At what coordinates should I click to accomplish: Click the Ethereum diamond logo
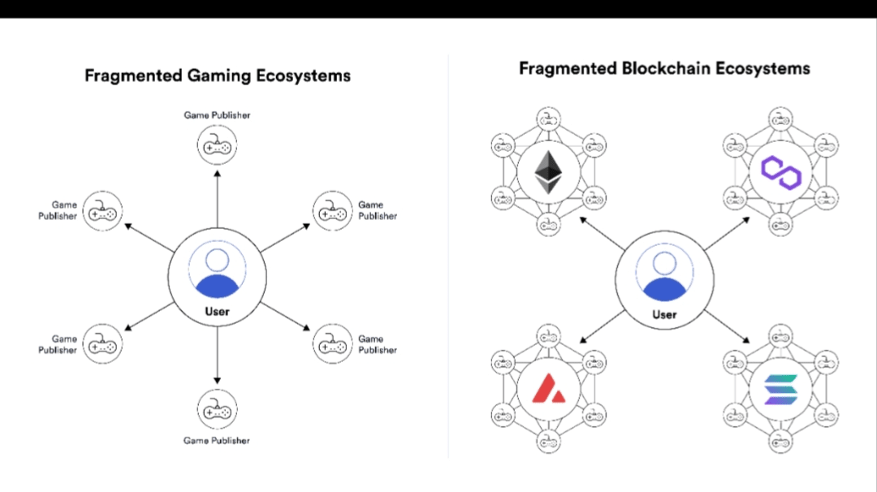(548, 172)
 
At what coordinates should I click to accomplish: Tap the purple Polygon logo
(781, 172)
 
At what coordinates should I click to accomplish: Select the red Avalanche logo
(548, 389)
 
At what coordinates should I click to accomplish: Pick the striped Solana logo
(781, 389)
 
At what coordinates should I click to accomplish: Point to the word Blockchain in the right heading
(666, 68)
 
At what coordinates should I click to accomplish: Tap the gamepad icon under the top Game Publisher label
(217, 145)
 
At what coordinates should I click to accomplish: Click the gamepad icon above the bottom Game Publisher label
(217, 409)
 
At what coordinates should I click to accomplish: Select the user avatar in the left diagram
(217, 270)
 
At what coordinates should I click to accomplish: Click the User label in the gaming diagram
(217, 312)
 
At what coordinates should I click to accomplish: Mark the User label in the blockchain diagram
(664, 315)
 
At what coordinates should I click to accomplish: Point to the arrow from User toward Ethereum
(602, 234)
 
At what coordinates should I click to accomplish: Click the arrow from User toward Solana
(727, 326)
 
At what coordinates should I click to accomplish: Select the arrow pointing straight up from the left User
(217, 199)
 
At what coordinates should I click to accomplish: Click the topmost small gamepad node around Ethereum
(548, 119)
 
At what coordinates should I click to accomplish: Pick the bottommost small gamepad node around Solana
(780, 442)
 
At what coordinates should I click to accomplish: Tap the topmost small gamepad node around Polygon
(780, 119)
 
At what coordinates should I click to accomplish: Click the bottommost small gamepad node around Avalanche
(548, 442)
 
